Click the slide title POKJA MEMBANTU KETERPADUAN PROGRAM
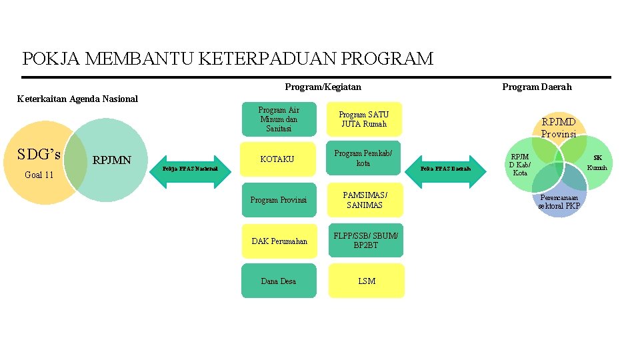tap(227, 59)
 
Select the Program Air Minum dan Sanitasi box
tap(279, 119)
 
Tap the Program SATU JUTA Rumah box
tap(364, 119)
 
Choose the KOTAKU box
tap(277, 159)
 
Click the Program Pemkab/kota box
tap(364, 159)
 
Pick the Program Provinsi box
tap(279, 200)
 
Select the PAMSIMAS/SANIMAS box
tap(365, 200)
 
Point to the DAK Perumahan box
tap(279, 241)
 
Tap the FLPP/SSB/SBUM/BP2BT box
tap(365, 240)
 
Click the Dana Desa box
tap(279, 281)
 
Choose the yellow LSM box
tap(366, 281)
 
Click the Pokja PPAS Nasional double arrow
tap(190, 169)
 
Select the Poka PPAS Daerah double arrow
tap(445, 169)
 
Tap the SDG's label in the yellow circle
tap(39, 155)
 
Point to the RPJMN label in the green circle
tap(111, 160)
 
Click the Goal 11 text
tap(39, 175)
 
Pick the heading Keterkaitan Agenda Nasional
tap(77, 99)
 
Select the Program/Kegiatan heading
tap(323, 87)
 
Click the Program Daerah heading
tap(537, 87)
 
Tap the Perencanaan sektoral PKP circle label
tap(560, 202)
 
